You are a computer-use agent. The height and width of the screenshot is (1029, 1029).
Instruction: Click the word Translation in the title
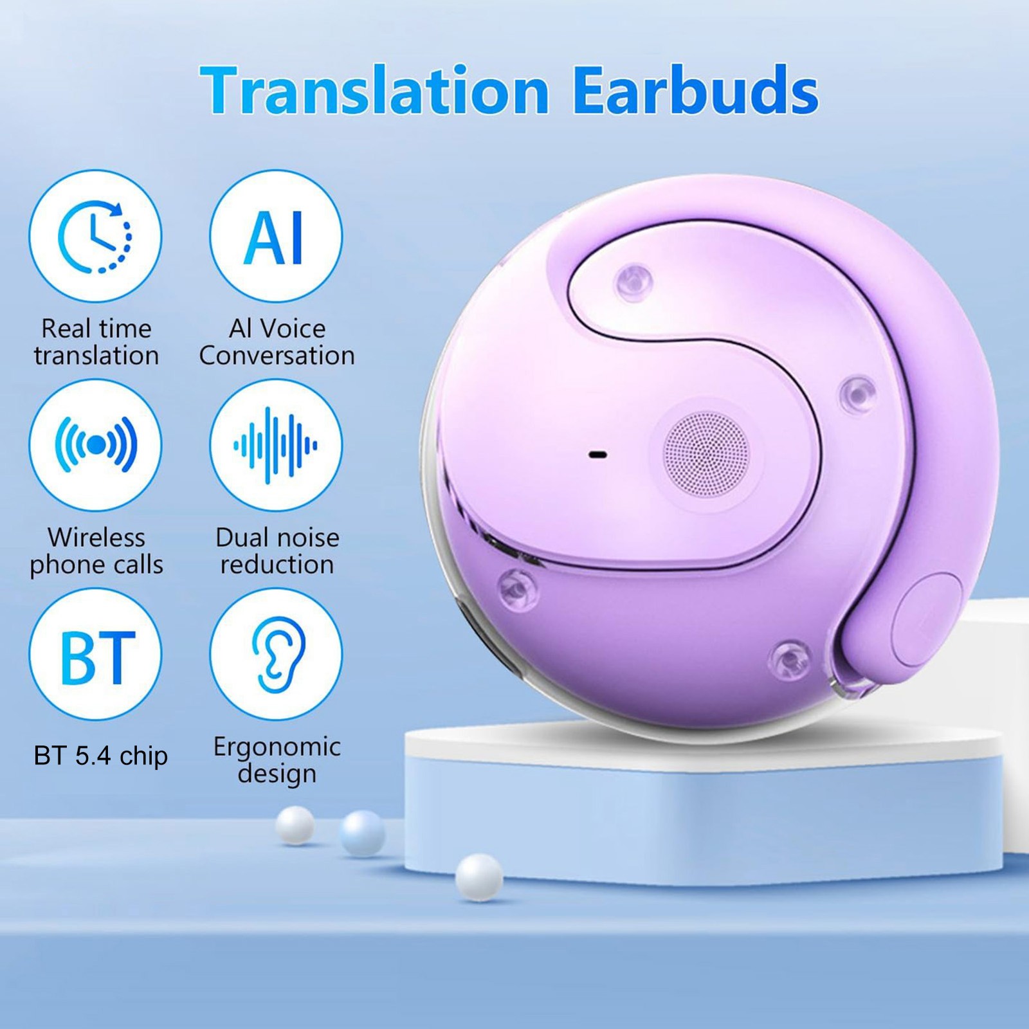375,91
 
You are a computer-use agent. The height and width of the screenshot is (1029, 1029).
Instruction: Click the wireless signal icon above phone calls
95,444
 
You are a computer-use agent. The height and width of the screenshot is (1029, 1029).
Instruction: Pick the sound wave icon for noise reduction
276,444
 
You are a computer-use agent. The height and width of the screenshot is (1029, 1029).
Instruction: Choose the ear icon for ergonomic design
276,654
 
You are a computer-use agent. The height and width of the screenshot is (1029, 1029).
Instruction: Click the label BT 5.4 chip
100,755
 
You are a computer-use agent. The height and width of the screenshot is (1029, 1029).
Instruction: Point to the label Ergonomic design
277,760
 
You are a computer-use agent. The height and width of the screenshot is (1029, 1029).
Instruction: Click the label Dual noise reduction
277,551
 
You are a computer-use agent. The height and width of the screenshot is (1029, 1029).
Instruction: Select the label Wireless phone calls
96,551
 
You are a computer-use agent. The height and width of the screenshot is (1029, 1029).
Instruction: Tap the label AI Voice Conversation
277,341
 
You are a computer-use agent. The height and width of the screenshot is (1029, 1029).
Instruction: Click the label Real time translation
96,341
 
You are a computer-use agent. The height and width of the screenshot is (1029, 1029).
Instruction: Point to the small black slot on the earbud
598,455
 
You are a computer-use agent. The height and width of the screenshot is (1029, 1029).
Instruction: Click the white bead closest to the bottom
479,878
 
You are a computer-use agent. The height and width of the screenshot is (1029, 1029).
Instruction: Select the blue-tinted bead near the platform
363,833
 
